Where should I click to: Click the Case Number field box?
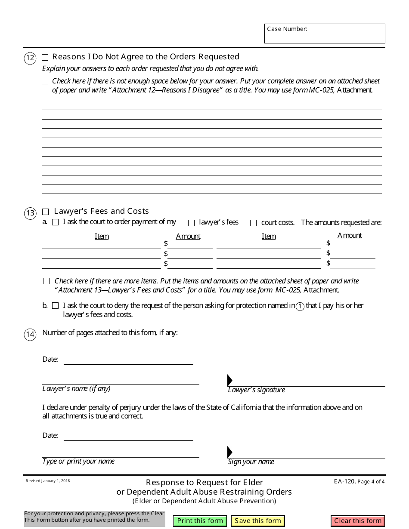click(325, 34)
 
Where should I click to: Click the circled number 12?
click(30, 58)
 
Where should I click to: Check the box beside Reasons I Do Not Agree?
click(45, 57)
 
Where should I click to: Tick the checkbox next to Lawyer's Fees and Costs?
click(46, 212)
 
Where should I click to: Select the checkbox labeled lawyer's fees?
click(191, 223)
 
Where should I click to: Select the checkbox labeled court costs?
click(253, 223)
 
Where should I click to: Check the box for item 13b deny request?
click(55, 306)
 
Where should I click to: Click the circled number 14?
click(30, 335)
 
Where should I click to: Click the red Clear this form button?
click(358, 521)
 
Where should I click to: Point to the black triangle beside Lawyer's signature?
click(230, 380)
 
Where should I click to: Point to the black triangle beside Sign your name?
click(230, 452)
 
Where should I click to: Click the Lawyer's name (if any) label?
click(76, 389)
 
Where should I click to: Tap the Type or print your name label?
click(78, 461)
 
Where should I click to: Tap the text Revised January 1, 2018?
click(47, 481)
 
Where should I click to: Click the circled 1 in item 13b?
click(300, 306)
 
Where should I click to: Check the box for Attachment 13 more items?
click(46, 281)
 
